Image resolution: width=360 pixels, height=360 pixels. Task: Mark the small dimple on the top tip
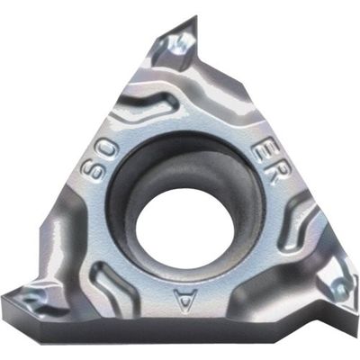pyautogui.click(x=181, y=40)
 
